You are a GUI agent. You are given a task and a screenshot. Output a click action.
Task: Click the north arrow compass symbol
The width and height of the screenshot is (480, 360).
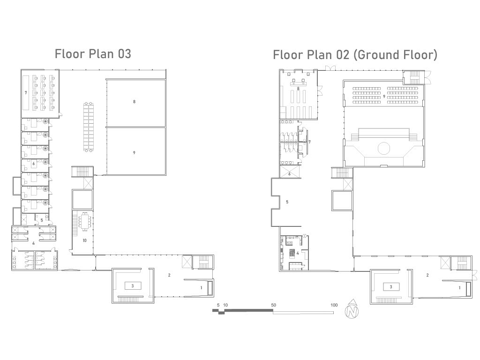click(352, 310)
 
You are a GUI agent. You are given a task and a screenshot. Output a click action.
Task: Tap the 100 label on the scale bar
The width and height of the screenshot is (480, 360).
click(334, 305)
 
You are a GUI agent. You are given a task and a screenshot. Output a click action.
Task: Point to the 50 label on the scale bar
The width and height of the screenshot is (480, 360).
click(273, 305)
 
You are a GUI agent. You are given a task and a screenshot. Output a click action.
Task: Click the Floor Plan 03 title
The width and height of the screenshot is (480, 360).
click(93, 54)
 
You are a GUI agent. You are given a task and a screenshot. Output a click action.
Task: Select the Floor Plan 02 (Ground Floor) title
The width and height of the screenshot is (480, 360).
click(355, 55)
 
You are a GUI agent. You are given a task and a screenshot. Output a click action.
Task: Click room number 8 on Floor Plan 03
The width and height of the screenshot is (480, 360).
click(134, 102)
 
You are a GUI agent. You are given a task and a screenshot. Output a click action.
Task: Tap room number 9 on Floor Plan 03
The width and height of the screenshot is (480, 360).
click(134, 152)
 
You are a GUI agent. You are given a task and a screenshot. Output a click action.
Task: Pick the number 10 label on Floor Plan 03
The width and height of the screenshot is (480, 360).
click(84, 240)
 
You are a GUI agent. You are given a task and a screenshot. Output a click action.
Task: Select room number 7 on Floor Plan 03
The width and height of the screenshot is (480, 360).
click(26, 92)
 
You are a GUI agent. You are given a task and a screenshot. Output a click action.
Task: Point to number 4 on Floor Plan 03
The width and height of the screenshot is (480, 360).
click(33, 243)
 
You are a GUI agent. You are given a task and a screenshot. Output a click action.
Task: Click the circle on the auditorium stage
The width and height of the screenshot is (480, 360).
click(384, 148)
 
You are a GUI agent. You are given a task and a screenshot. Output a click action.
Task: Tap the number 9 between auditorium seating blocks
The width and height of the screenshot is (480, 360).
click(384, 97)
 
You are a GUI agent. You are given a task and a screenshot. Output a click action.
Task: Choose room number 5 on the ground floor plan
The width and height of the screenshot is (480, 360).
click(287, 202)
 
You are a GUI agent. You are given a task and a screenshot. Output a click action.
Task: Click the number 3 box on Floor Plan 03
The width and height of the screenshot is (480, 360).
click(133, 286)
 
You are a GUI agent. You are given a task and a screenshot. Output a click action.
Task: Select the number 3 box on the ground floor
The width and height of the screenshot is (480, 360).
click(391, 287)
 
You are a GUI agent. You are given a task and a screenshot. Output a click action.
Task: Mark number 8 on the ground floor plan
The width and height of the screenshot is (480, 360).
click(298, 89)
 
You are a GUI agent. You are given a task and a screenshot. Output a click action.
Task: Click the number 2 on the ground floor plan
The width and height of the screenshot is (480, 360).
click(427, 275)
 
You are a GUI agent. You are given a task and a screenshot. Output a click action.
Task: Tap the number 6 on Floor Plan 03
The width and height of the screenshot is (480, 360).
click(33, 164)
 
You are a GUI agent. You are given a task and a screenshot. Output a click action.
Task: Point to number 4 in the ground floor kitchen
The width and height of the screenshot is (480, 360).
click(297, 253)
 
